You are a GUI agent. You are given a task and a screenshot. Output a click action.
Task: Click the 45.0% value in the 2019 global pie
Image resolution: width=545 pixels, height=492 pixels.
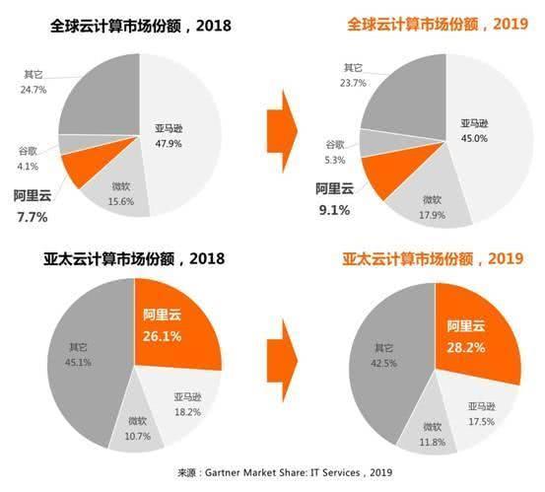click(475, 138)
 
